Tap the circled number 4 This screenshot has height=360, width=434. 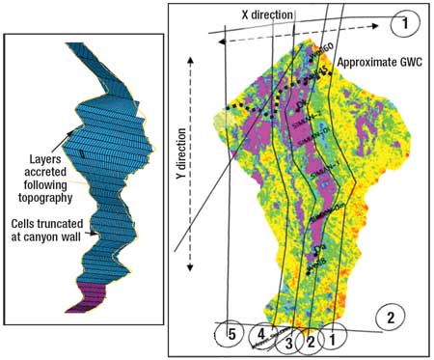260,335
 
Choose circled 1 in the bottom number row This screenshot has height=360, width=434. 334,340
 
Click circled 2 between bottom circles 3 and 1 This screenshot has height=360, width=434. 311,340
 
